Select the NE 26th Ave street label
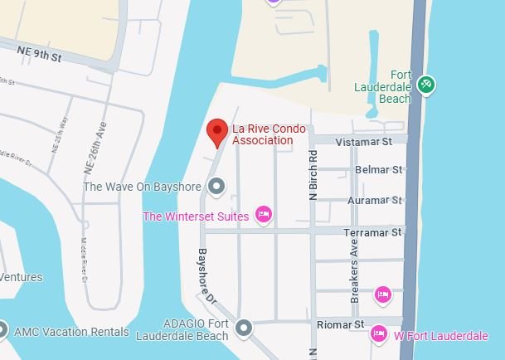coord(94,148)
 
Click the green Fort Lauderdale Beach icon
coord(427,85)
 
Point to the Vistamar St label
coord(362,143)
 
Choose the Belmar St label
coord(378,169)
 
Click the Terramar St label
coord(373,232)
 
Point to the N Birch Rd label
coord(313,175)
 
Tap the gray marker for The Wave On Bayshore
coord(217,187)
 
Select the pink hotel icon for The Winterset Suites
coord(264,216)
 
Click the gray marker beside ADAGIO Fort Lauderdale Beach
coord(243,329)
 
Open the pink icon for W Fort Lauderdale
coord(379,333)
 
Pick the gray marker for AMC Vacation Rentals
coord(2,330)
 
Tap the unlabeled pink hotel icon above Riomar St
coord(382,294)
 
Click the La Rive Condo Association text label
coord(268,134)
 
